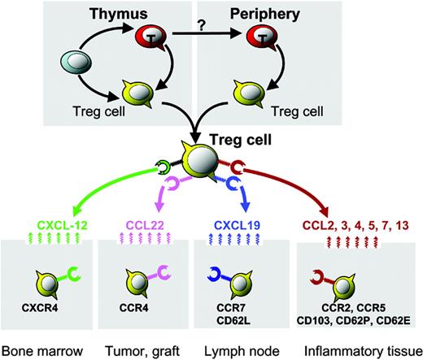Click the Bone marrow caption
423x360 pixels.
pos(48,349)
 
